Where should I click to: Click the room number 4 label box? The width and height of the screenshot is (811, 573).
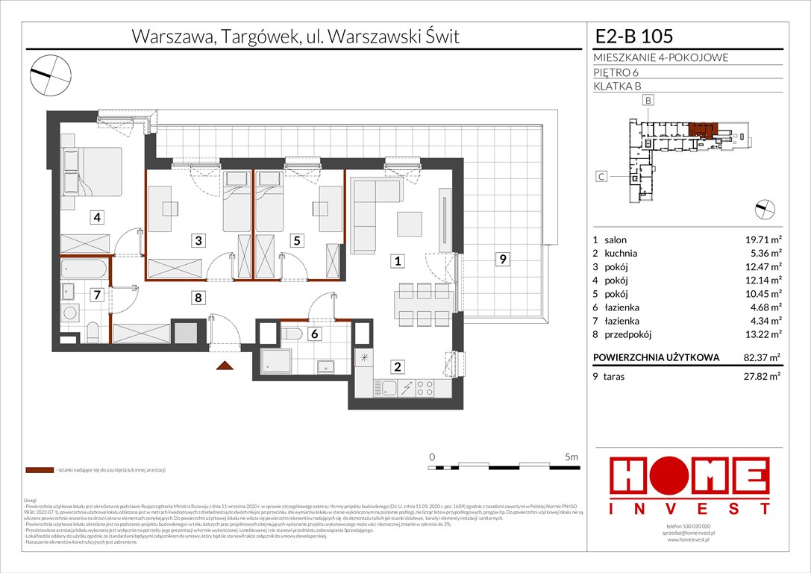(97, 218)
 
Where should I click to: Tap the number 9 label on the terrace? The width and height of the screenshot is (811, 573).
(504, 260)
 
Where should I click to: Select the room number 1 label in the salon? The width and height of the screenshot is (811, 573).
(399, 261)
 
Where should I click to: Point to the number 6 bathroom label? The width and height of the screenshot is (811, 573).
(316, 334)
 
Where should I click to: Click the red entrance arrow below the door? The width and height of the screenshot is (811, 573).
(222, 366)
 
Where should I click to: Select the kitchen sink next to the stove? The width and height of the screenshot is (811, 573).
(389, 387)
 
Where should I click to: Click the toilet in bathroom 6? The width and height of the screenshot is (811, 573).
(292, 333)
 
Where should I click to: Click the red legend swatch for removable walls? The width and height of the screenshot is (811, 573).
(38, 471)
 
